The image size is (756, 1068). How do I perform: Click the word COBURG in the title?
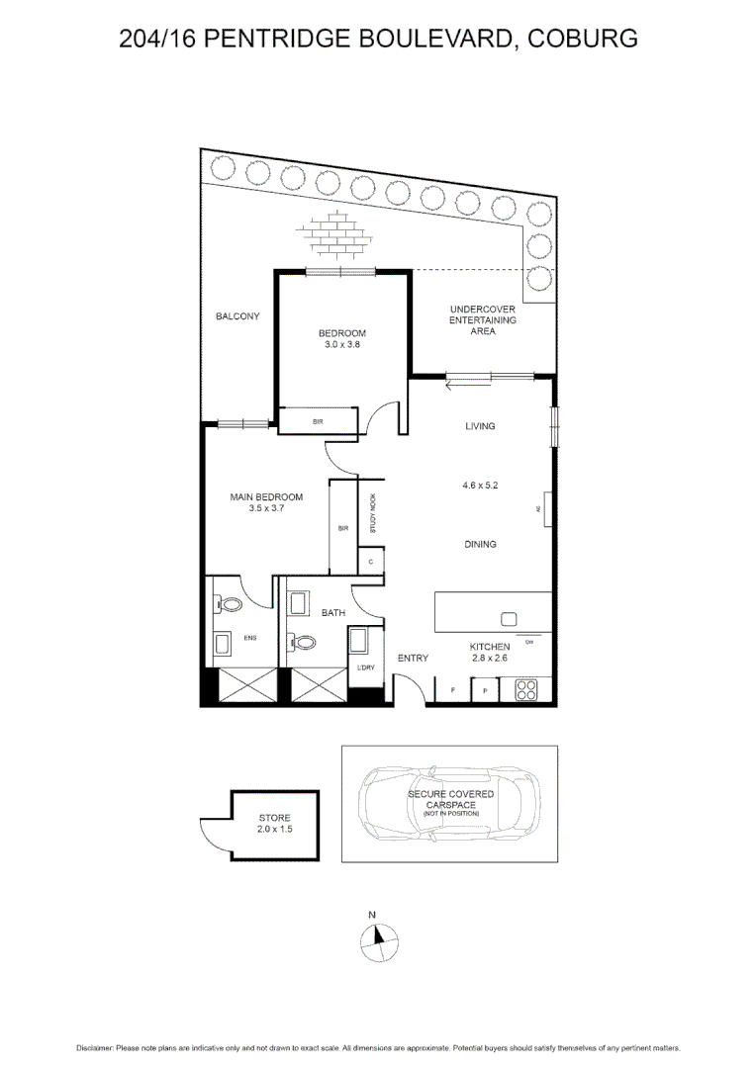pos(582,39)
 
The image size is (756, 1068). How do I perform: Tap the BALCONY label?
pos(237,316)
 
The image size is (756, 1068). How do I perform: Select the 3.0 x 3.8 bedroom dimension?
pos(342,345)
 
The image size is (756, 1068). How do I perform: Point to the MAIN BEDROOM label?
pos(266,496)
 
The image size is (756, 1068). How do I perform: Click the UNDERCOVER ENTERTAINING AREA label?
pos(483,320)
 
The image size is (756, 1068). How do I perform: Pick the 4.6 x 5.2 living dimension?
pos(479,486)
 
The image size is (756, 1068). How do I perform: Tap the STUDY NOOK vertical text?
pos(374,514)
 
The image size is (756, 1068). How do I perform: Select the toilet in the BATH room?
pos(305,643)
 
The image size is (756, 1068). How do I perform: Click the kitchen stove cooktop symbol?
pos(526,689)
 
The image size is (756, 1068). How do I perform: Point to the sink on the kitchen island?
pos(509,619)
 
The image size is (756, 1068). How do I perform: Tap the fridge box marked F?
pos(452,689)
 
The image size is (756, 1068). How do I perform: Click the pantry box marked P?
pos(485,689)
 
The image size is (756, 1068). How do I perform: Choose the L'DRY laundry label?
pos(364,669)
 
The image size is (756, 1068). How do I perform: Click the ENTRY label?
pos(413,658)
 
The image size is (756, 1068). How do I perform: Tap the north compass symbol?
pos(377,939)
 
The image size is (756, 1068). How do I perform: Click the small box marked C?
pos(370,562)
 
